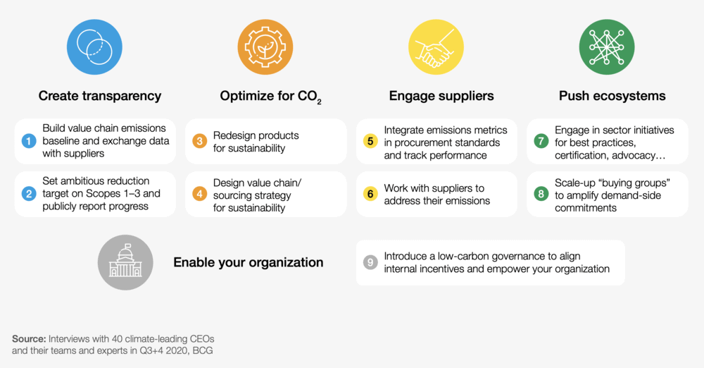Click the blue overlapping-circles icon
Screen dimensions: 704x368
tap(94, 47)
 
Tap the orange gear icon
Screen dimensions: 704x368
tap(265, 47)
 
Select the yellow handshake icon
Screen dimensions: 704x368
tap(436, 47)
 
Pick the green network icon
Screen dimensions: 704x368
tap(607, 47)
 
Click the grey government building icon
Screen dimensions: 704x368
tap(125, 262)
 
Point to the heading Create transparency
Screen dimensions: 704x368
tap(100, 96)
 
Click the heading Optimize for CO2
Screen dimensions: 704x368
tap(271, 97)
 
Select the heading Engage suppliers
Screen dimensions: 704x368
tap(441, 96)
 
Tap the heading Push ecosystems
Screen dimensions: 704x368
tap(612, 96)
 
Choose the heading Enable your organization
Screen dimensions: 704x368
tap(249, 262)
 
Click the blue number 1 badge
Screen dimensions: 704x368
tap(29, 141)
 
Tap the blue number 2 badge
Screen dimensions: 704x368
tap(29, 194)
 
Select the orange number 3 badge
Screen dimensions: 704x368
tap(199, 141)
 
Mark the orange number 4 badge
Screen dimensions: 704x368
tap(199, 194)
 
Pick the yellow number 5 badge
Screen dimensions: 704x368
tap(370, 141)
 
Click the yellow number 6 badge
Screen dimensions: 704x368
tap(370, 194)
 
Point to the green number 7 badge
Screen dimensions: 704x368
tap(541, 141)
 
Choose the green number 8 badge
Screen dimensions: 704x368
tap(541, 194)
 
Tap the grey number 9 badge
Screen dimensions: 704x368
tap(370, 262)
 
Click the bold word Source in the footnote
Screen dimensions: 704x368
tap(29, 339)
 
